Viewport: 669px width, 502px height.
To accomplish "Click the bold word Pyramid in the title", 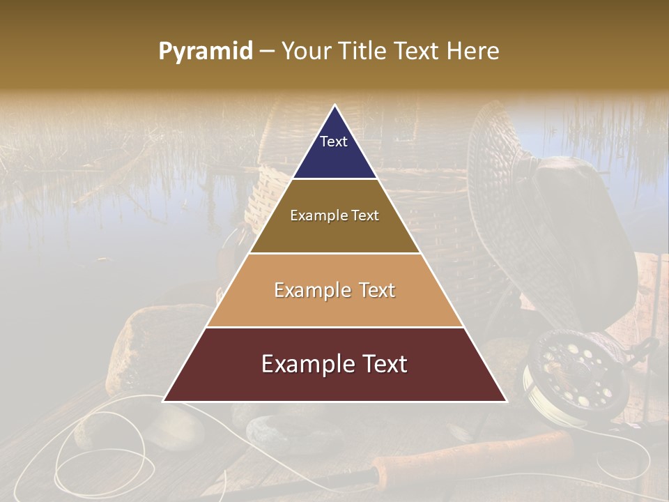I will pos(206,51).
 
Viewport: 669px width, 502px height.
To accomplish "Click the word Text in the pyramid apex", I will pos(334,142).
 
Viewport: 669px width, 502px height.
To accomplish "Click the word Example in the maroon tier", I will pos(304,364).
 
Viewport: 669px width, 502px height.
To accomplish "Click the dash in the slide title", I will pos(267,51).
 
